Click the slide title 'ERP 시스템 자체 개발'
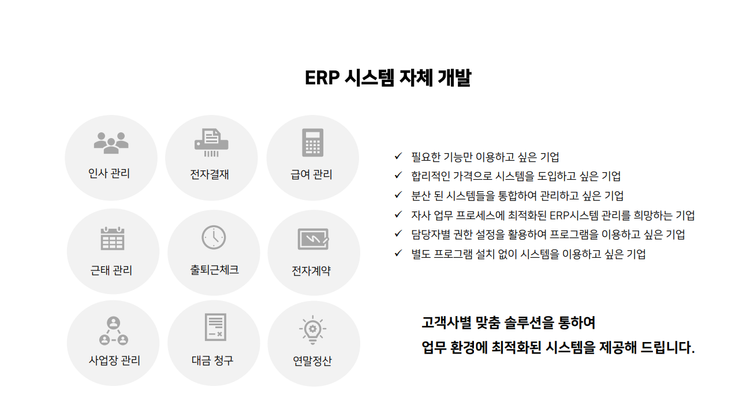click(387, 78)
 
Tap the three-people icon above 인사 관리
click(111, 143)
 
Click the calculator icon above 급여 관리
click(312, 143)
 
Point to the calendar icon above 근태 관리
click(113, 238)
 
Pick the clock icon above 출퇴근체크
click(214, 237)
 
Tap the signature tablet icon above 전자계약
click(313, 239)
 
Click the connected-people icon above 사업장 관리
click(114, 331)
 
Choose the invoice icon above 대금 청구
click(215, 328)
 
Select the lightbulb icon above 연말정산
click(312, 329)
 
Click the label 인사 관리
click(109, 173)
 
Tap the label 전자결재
click(210, 174)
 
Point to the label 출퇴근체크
click(214, 270)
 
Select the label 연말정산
click(312, 362)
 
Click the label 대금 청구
click(212, 361)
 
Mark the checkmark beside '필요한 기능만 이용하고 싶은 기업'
click(398, 156)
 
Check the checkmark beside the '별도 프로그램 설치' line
click(398, 253)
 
